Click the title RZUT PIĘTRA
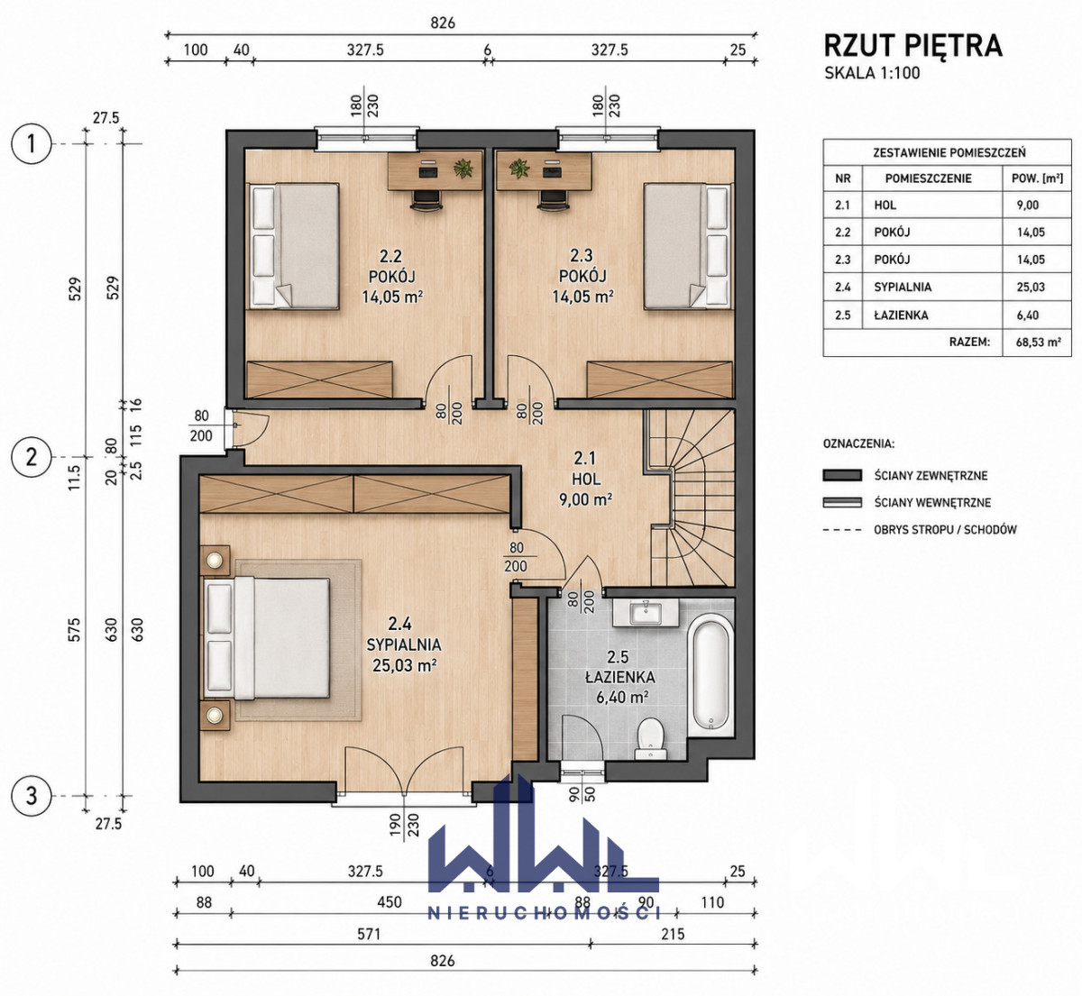pos(912,45)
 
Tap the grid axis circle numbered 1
pos(32,144)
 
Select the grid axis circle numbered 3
pos(32,796)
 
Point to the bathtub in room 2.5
pos(711,675)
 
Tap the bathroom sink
pos(646,614)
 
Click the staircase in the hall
pos(691,498)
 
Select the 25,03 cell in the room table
pos(1031,287)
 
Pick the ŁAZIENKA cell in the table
pos(902,315)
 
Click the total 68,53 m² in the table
pos(1039,342)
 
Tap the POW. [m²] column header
pos(1037,178)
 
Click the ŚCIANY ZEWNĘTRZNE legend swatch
pos(842,475)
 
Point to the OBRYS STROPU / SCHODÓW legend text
pos(945,529)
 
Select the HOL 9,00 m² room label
pos(586,479)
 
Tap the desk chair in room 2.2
pos(426,199)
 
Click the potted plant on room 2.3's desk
pos(518,168)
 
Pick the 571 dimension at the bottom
pos(369,934)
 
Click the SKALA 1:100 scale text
pos(872,72)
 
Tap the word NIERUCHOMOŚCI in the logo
pos(545,912)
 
